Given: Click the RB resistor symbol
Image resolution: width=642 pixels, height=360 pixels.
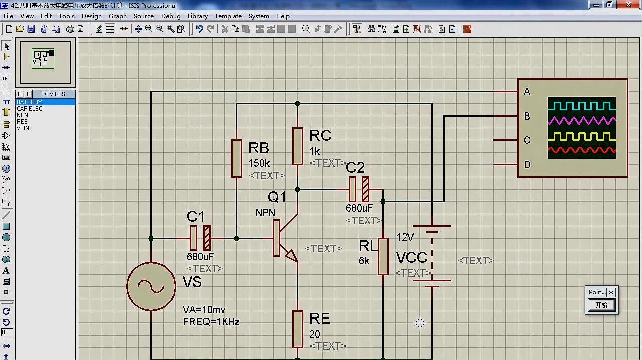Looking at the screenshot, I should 237,158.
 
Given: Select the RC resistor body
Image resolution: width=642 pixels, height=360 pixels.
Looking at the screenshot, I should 298,146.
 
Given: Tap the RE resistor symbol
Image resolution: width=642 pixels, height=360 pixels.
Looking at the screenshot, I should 298,329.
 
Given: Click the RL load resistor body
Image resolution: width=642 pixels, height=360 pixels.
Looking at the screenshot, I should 383,256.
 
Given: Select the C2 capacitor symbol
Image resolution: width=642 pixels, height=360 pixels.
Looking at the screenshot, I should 359,190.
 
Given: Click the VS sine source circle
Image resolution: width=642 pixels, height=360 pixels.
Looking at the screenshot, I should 151,286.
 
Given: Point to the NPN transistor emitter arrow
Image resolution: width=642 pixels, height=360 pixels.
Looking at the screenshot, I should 291,256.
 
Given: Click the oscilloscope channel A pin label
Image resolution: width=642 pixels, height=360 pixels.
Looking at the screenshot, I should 527,92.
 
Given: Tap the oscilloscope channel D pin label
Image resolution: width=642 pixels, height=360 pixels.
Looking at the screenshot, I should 527,165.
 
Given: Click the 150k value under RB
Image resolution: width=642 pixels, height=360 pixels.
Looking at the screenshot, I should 259,163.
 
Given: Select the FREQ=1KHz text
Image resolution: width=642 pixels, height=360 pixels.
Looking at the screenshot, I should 211,322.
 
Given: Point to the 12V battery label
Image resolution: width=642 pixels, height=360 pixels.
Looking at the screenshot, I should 405,237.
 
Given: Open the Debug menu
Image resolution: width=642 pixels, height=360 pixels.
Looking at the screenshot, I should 171,16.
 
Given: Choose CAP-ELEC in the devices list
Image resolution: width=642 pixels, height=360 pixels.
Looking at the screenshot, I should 30,109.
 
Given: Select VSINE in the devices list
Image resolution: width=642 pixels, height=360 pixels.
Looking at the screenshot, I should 25,128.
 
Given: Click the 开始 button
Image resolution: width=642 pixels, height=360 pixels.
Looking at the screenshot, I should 601,305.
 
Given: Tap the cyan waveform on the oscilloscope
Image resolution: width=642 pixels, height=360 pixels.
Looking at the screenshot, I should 582,106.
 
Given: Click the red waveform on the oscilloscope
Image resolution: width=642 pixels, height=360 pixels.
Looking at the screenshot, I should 582,150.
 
